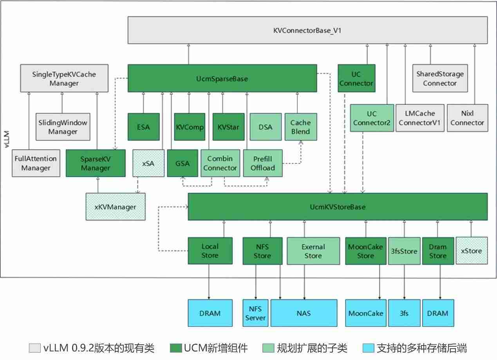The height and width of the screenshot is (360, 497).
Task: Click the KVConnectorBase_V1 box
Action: coord(307,30)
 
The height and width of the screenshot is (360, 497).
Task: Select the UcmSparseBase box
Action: coord(222,79)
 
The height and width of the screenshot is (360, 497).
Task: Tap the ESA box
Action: coord(144,127)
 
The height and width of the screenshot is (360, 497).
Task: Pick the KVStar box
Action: coord(228,127)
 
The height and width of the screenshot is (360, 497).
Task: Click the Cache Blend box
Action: coord(300,127)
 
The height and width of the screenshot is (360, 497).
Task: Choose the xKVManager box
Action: coord(115,206)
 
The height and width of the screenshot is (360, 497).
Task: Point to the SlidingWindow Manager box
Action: coord(62,127)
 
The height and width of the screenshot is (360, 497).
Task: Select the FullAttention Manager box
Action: coord(36,163)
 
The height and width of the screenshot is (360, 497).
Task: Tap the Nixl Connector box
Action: coord(467,118)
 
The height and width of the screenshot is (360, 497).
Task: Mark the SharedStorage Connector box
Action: coord(440,78)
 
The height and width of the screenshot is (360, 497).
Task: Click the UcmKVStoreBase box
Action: coord(337,206)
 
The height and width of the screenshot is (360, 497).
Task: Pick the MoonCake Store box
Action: coord(365,251)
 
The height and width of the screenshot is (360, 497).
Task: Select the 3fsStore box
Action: coord(404,251)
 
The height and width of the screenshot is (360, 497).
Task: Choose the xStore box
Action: coord(472,251)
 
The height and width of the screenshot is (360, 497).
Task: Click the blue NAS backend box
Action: coord(304,313)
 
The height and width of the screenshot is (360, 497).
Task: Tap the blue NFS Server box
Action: coord(255,313)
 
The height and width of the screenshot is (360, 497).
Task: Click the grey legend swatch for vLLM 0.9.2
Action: coord(34,348)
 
